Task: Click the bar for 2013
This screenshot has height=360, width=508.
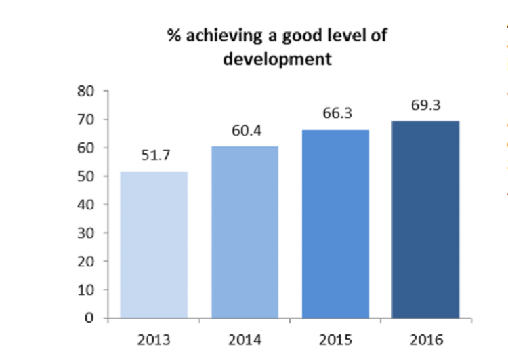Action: (x=154, y=244)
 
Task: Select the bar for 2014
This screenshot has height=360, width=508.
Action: (x=245, y=232)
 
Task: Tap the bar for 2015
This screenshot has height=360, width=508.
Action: (x=336, y=224)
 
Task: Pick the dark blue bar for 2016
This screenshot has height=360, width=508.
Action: (x=427, y=219)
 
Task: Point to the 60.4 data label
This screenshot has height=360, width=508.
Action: (x=245, y=130)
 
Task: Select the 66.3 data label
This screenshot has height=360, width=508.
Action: (x=336, y=113)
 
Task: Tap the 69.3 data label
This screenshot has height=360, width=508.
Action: (x=427, y=105)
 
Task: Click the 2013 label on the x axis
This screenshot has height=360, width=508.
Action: (x=154, y=337)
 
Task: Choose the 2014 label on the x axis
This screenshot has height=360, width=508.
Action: (x=245, y=337)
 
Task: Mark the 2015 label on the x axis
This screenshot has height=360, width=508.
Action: (x=336, y=337)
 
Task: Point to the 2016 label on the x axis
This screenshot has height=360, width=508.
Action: (x=427, y=337)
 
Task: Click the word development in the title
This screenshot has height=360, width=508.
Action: (x=277, y=58)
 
